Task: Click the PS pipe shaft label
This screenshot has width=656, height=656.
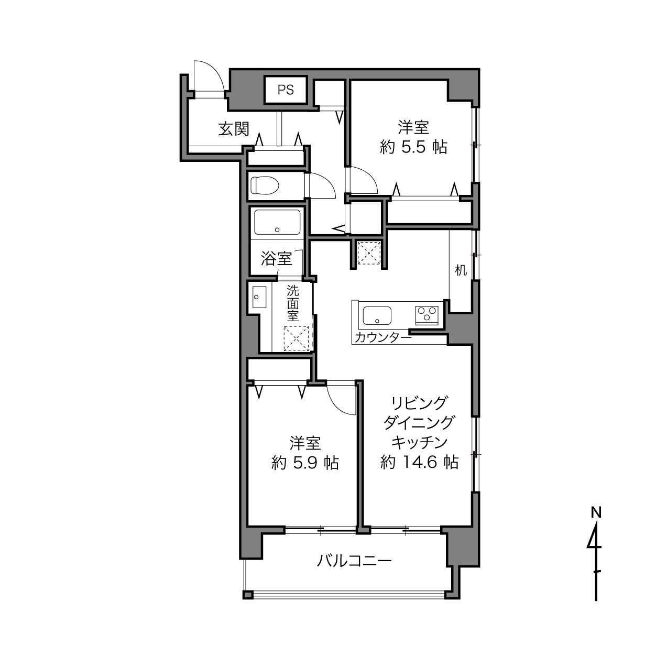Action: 285,90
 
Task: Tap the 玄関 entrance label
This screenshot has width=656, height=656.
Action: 234,129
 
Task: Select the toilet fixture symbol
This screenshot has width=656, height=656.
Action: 265,185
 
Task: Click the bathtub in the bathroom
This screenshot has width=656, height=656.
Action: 277,222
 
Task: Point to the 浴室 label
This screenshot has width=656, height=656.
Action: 277,258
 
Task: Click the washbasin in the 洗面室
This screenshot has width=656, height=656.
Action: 259,297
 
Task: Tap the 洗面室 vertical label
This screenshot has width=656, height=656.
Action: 293,303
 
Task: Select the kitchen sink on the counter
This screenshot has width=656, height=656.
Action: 377,315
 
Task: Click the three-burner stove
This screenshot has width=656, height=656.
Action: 427,315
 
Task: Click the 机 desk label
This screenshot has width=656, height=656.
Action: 461,270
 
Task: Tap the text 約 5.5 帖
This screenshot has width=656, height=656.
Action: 413,147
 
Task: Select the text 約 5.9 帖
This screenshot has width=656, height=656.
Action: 305,463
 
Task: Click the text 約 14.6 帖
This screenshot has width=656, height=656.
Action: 419,462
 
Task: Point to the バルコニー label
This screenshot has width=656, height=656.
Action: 354,561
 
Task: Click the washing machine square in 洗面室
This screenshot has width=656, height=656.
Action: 296,338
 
